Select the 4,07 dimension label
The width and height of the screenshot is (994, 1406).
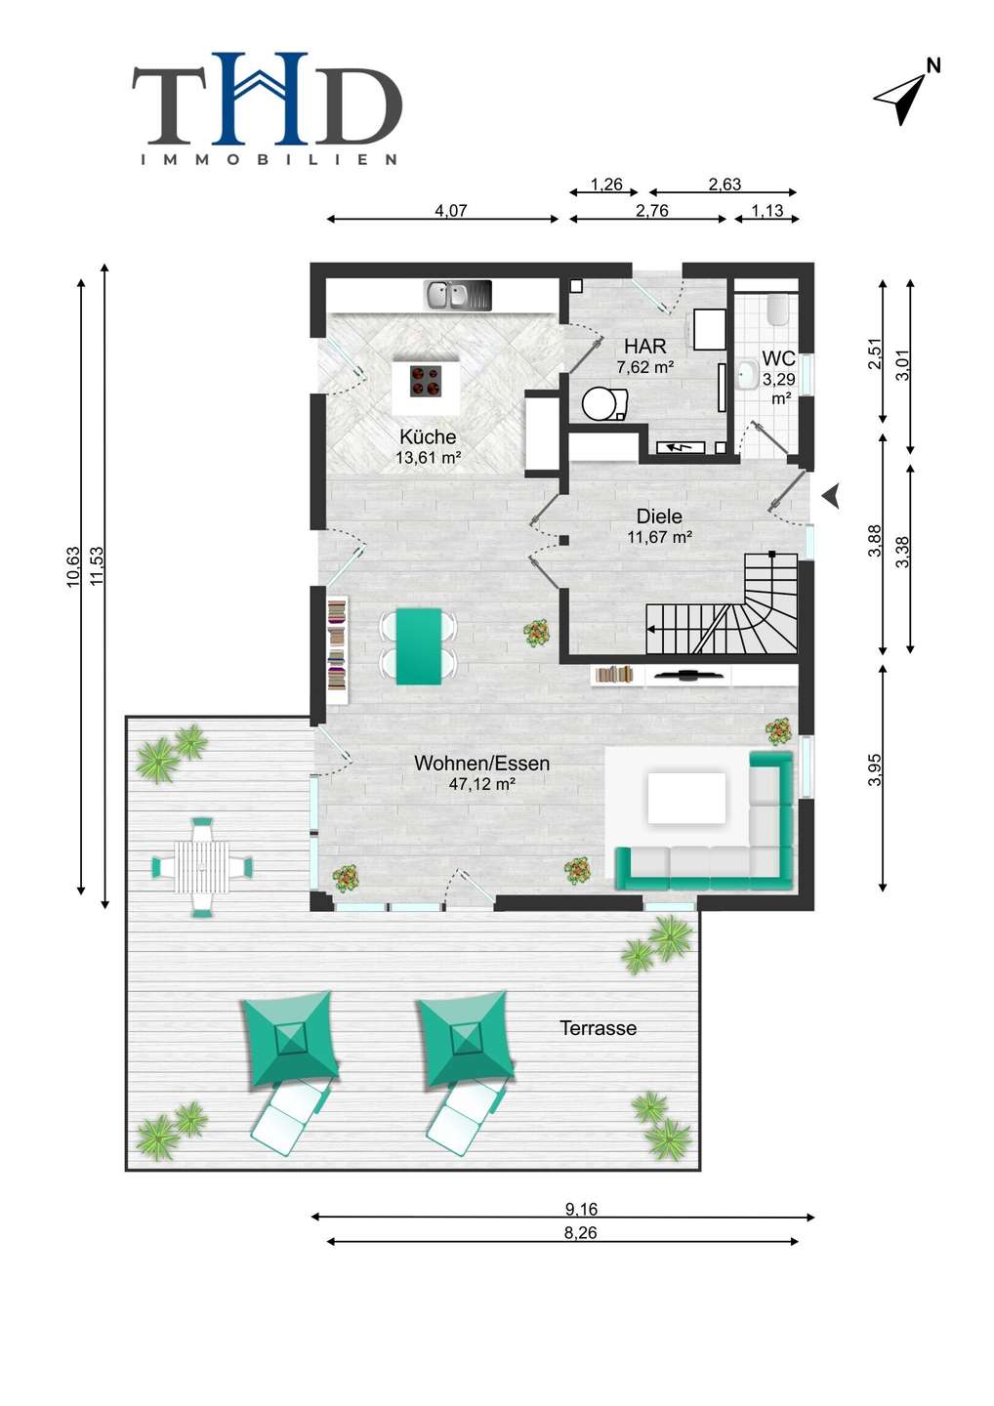(x=450, y=210)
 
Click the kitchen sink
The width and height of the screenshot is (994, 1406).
(x=458, y=295)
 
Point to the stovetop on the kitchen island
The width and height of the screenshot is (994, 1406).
(x=426, y=381)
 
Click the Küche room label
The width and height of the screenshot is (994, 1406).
(x=428, y=436)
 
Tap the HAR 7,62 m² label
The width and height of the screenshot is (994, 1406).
(x=645, y=355)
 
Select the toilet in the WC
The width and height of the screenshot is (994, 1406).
(x=779, y=309)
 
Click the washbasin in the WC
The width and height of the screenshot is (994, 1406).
(x=747, y=375)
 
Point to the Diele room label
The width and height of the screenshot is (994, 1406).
(x=659, y=517)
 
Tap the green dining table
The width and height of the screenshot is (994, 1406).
(x=419, y=645)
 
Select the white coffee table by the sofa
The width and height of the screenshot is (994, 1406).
(x=686, y=798)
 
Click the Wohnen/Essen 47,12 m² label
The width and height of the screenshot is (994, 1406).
(x=482, y=772)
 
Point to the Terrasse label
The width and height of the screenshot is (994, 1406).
(x=598, y=1028)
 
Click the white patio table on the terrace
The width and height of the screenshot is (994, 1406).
(x=201, y=867)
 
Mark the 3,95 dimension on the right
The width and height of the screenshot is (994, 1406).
(x=874, y=769)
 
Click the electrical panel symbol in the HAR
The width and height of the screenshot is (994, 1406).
(x=681, y=447)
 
